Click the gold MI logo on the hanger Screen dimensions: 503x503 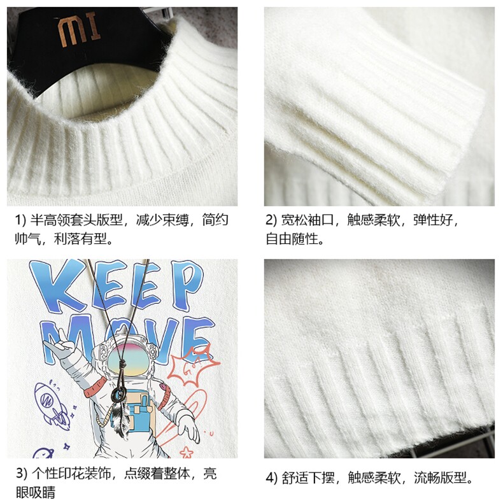pos(78,31)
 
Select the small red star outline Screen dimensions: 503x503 pos(187,453)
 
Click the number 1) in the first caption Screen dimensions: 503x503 pos(20,220)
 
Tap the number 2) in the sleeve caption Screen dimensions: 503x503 pos(271,220)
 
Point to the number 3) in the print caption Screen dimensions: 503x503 pos(22,474)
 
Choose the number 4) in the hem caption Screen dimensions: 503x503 pos(272,478)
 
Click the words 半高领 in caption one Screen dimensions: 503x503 pos(50,220)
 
